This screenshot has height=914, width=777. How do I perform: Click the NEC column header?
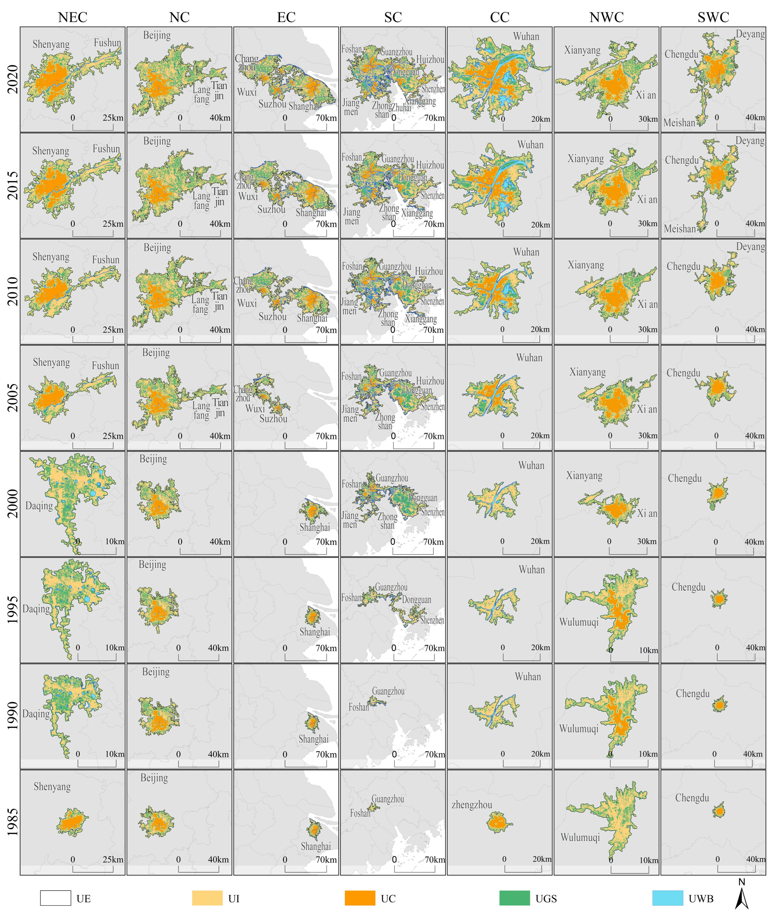pos(73,17)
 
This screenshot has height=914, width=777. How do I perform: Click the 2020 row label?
pos(13,79)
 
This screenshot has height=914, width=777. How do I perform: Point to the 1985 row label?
pos(13,822)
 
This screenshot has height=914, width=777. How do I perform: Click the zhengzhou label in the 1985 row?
pos(472,805)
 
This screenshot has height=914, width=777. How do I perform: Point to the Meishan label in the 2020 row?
pos(679,122)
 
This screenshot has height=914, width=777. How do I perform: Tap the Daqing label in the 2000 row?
pos(39,505)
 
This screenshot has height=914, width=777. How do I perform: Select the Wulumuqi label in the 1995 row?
pos(579,622)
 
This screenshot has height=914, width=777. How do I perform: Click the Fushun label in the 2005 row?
pos(105,365)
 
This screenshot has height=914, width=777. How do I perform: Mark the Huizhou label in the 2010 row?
pos(429,271)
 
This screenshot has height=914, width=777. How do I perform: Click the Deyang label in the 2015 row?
pos(750,141)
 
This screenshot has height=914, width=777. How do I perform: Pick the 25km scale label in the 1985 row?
pos(113,859)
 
